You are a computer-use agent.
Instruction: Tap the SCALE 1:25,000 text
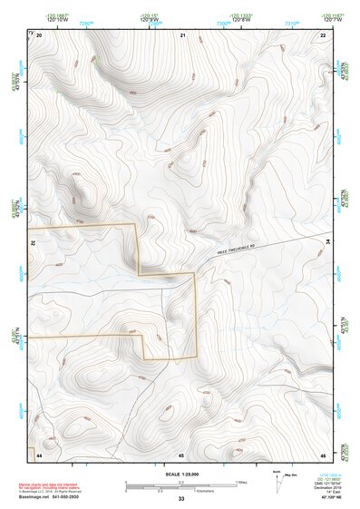(181, 474)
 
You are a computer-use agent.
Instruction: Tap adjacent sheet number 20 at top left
(39, 35)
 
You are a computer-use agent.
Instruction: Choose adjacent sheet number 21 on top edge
(182, 35)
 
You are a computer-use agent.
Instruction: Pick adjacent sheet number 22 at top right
(324, 35)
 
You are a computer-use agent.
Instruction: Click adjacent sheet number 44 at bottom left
(39, 454)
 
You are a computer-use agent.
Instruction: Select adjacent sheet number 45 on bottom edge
(182, 454)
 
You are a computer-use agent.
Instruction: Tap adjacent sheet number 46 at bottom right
(324, 454)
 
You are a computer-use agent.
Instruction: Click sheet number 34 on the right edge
(328, 241)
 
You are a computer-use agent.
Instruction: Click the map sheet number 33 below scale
(181, 500)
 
